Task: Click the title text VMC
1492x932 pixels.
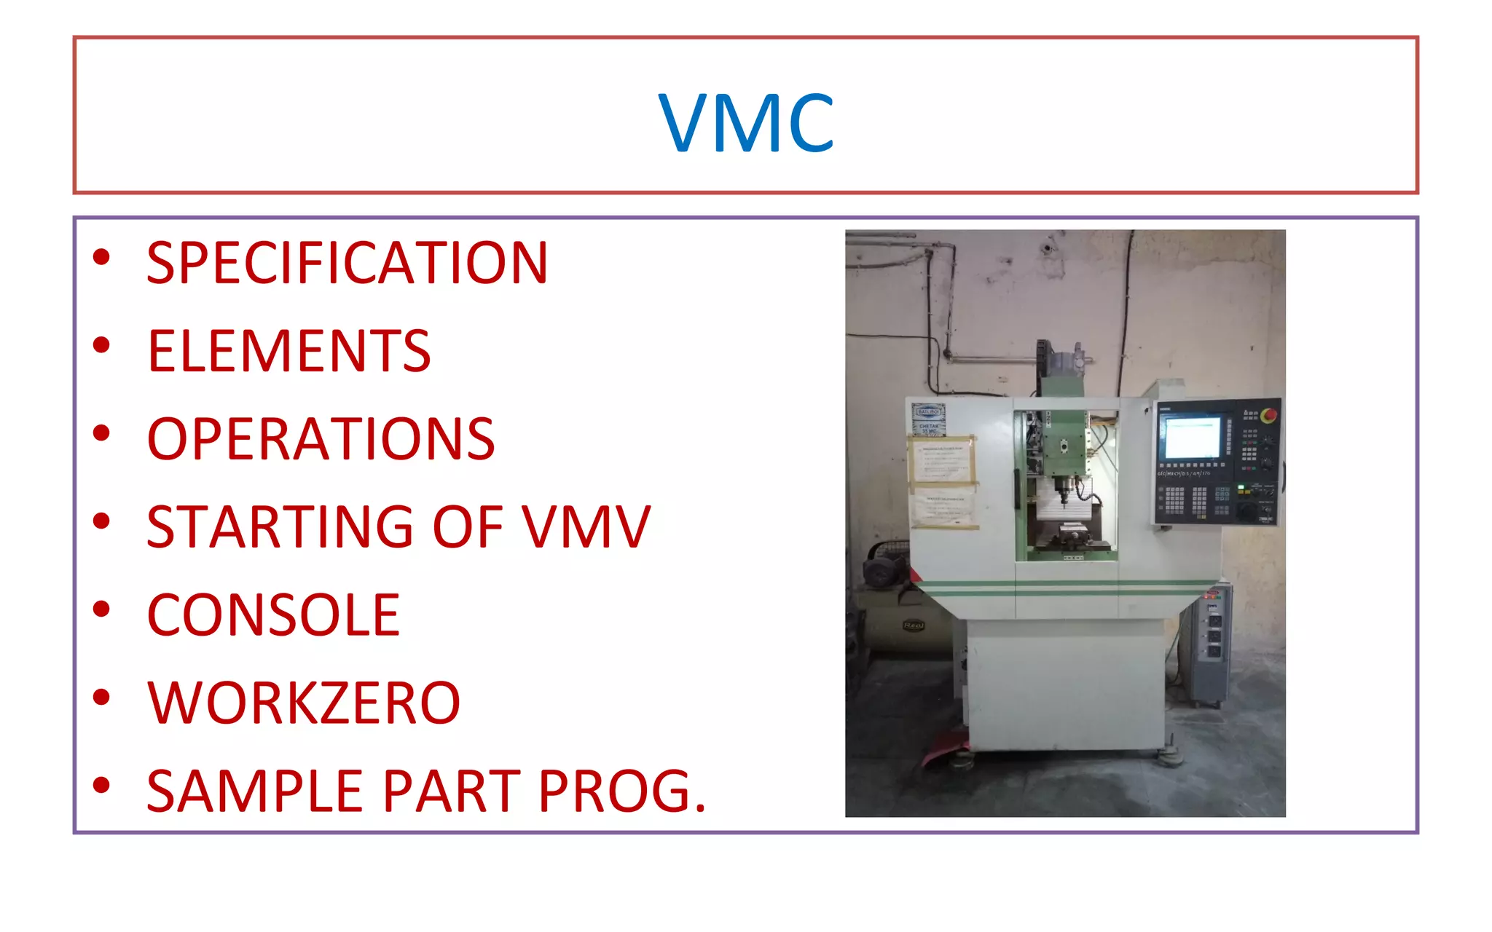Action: point(745,123)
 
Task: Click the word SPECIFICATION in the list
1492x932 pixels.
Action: point(347,263)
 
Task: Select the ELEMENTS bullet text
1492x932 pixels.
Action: point(289,351)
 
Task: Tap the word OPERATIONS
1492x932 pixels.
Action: point(321,439)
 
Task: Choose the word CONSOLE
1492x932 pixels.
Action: point(273,615)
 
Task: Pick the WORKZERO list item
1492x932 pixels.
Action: point(304,703)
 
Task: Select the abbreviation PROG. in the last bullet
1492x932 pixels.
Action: point(623,791)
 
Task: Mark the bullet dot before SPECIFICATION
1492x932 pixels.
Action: point(101,256)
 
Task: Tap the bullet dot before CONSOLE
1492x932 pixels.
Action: point(101,609)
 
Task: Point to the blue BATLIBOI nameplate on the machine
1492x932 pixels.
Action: point(929,412)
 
